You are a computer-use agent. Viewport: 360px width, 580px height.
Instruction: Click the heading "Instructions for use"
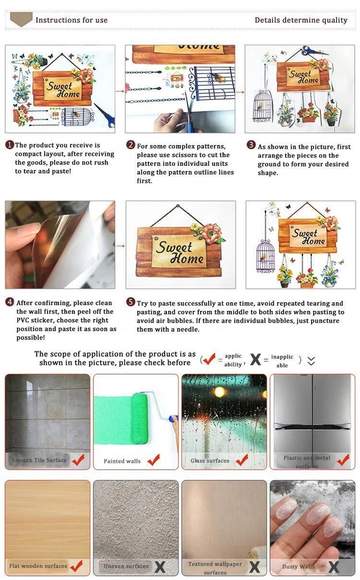[x=71, y=20]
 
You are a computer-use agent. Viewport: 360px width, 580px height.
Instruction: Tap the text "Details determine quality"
[x=301, y=20]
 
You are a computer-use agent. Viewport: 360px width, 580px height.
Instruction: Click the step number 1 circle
[x=10, y=144]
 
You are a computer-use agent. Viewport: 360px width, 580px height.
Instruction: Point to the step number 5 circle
[x=131, y=302]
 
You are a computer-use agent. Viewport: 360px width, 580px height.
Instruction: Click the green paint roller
[x=140, y=418]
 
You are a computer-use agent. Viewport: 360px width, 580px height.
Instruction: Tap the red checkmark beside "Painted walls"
[x=154, y=460]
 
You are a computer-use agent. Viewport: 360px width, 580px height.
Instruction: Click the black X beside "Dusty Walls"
[x=333, y=567]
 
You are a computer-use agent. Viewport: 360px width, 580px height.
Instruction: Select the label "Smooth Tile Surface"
[x=39, y=460]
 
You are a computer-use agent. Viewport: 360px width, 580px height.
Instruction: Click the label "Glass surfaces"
[x=210, y=461]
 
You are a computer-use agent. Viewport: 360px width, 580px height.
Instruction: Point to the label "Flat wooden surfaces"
[x=38, y=565]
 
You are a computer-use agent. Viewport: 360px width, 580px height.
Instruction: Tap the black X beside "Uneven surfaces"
[x=159, y=567]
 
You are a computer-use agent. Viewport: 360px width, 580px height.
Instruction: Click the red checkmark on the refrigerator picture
[x=343, y=459]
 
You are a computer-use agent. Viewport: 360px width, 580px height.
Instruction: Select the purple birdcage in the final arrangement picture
[x=266, y=256]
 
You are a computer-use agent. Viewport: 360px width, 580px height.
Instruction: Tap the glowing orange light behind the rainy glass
[x=220, y=392]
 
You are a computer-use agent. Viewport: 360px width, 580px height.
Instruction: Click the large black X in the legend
[x=256, y=359]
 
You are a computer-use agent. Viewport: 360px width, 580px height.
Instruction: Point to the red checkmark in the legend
[x=209, y=358]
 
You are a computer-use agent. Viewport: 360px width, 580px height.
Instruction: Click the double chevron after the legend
[x=311, y=361]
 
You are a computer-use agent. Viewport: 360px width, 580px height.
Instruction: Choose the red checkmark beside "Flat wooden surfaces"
[x=77, y=565]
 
